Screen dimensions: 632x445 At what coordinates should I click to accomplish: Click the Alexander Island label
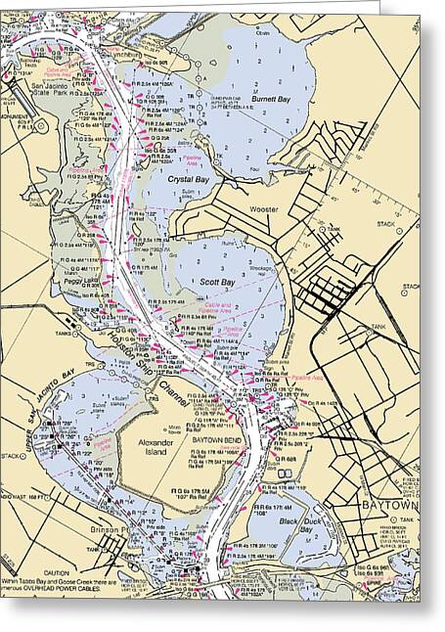click(x=155, y=449)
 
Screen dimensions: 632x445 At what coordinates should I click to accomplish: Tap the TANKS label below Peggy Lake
click(x=65, y=330)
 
